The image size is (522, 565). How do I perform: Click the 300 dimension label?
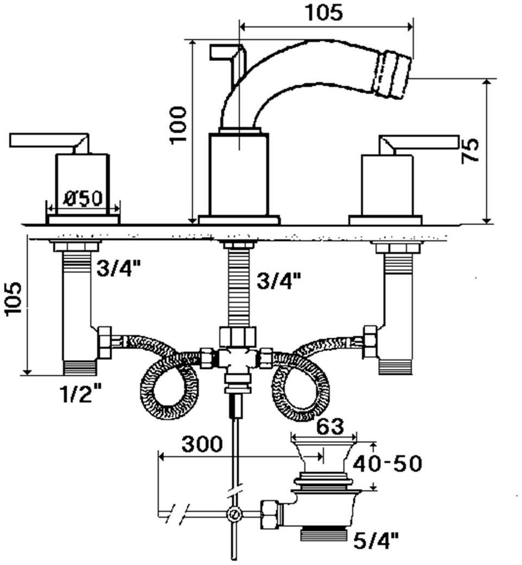pyautogui.click(x=201, y=445)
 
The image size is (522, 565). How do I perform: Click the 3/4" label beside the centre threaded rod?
pyautogui.click(x=279, y=281)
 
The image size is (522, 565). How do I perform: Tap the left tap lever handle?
pyautogui.click(x=49, y=141)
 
